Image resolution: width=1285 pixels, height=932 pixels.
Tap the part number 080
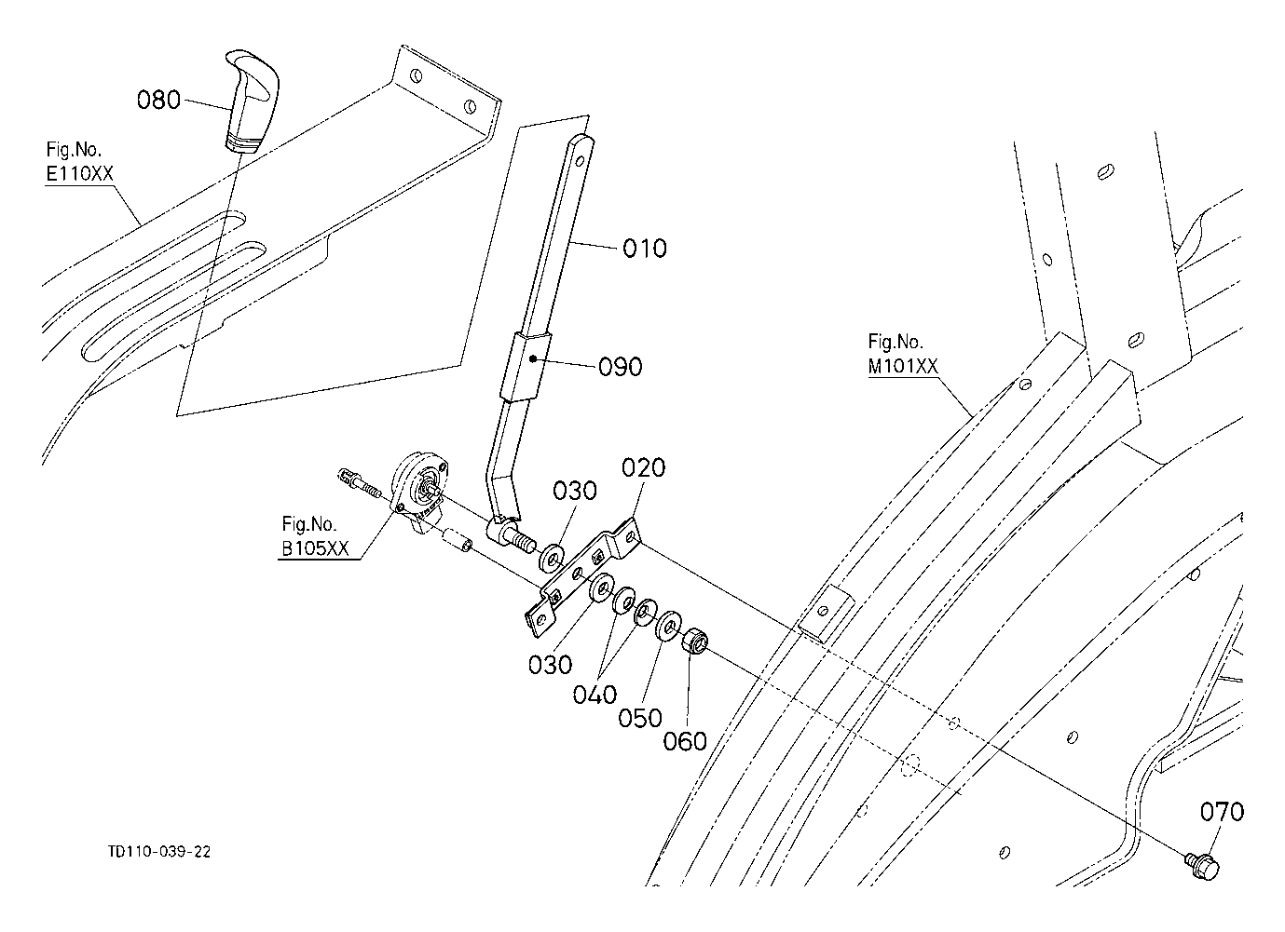click(x=159, y=100)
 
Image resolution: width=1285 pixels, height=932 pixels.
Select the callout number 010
click(x=645, y=249)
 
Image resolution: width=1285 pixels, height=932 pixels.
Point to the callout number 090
click(x=620, y=367)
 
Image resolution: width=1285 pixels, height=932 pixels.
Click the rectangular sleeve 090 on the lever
click(x=526, y=367)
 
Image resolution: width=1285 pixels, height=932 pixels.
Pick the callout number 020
click(x=644, y=468)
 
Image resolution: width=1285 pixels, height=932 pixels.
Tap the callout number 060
click(x=685, y=742)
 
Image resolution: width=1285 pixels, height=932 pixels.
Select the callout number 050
click(x=640, y=718)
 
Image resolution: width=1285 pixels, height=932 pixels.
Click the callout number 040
click(x=595, y=695)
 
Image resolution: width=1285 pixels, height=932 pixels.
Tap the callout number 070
click(x=1222, y=812)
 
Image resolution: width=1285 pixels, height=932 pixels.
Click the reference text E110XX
click(x=80, y=174)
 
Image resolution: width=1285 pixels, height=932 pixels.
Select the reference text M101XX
click(x=903, y=366)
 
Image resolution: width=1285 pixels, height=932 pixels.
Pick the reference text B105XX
click(x=315, y=548)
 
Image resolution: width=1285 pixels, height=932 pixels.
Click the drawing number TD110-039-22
click(x=159, y=852)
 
